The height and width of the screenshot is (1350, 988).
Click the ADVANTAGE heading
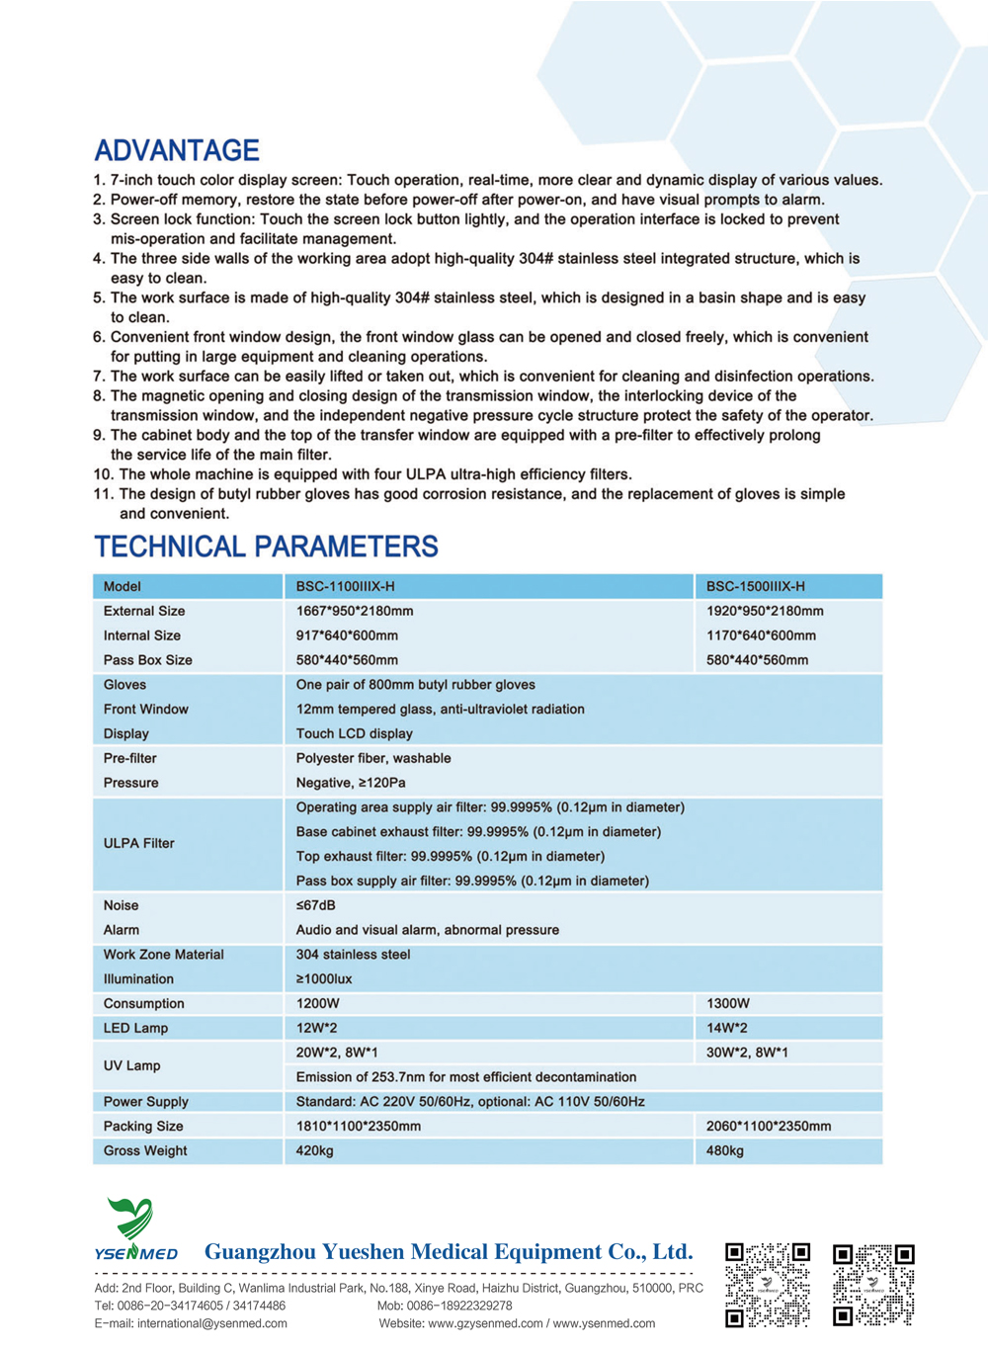tap(177, 150)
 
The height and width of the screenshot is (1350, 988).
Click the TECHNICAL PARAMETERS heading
tap(266, 547)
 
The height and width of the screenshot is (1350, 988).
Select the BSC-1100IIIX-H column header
tap(345, 586)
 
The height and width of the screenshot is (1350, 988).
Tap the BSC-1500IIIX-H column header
tap(755, 586)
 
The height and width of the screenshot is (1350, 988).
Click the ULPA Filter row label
tap(138, 843)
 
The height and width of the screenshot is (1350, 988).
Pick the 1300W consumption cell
tap(728, 1003)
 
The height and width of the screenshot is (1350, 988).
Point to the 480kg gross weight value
tap(725, 1150)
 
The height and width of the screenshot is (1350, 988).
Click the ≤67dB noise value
tap(315, 905)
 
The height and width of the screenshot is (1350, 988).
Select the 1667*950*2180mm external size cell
tap(355, 611)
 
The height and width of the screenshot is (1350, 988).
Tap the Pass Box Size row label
tap(148, 660)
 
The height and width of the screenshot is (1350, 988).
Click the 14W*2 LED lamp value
tap(727, 1028)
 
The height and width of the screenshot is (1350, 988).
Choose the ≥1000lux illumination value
tap(324, 978)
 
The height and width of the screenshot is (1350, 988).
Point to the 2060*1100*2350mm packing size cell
tap(769, 1126)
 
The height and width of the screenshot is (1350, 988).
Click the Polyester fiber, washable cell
tap(373, 758)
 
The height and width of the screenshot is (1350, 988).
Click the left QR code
tap(768, 1284)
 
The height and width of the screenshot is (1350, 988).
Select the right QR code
tap(873, 1284)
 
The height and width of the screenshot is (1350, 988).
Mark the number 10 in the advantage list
tap(103, 474)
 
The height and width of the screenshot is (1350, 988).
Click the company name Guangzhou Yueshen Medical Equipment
tap(449, 1252)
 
